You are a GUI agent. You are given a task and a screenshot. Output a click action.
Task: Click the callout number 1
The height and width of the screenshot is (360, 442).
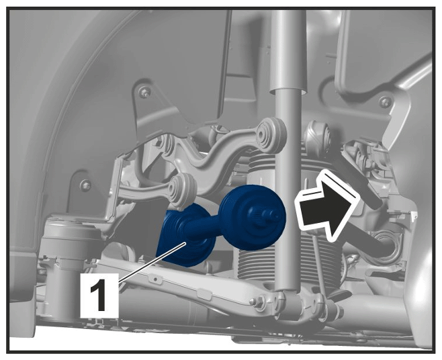coord(99,295)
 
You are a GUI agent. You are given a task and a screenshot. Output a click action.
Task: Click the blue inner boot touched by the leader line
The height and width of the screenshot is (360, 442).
coord(186,235)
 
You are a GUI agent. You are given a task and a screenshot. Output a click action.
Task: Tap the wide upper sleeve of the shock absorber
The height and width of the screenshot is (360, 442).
coord(288,51)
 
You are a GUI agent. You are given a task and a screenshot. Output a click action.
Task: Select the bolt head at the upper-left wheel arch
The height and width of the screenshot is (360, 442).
coord(144,93)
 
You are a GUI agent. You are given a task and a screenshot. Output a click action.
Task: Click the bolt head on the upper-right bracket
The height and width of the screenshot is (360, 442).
coord(385,102)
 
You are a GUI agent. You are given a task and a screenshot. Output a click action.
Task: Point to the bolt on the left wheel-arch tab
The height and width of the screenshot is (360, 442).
coord(85,185)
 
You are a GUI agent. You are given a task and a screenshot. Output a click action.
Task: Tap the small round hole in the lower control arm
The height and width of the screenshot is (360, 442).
coord(155,279)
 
